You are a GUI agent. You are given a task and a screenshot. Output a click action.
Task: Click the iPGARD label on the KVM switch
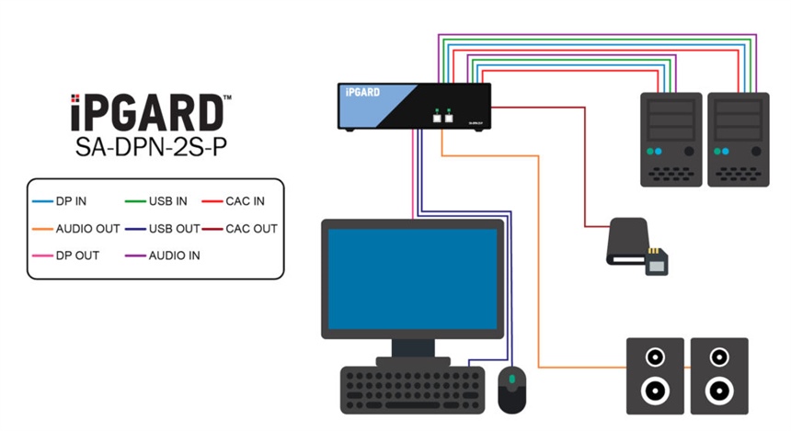tap(362, 92)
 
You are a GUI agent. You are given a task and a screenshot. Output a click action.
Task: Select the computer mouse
tap(511, 390)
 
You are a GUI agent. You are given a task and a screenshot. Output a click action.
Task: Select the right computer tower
tap(739, 139)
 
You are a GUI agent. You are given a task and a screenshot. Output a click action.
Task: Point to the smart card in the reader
tap(659, 262)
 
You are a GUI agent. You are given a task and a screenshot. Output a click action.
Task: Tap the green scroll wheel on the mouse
tap(511, 378)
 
